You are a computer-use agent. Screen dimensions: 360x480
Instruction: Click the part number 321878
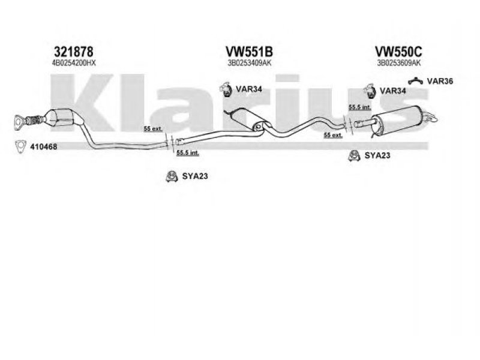[x=74, y=52]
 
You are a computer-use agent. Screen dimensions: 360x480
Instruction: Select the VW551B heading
[x=244, y=52]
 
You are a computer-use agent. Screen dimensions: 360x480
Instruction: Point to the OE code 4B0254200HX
[x=74, y=62]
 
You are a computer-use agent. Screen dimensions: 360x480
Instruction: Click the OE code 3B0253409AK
[x=244, y=62]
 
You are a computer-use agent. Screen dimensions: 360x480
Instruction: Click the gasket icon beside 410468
[x=20, y=146]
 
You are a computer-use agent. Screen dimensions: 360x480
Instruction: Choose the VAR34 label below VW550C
[x=393, y=91]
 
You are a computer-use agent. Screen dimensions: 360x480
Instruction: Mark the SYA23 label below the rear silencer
[x=377, y=156]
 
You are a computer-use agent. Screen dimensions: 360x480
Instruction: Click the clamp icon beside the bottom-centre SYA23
[x=170, y=176]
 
